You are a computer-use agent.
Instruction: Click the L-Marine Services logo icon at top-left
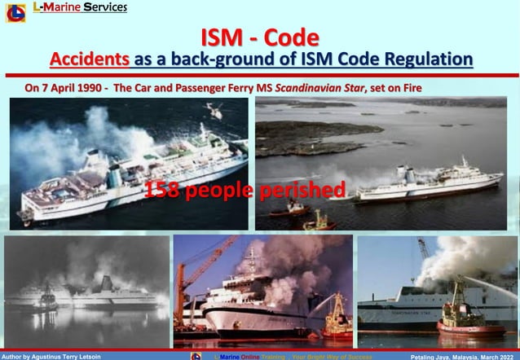15,12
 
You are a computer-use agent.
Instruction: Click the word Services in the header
104,7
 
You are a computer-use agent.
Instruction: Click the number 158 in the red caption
160,191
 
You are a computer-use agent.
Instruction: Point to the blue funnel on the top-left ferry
115,175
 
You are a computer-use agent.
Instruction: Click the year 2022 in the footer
507,356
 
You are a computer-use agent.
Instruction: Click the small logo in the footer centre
196,356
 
